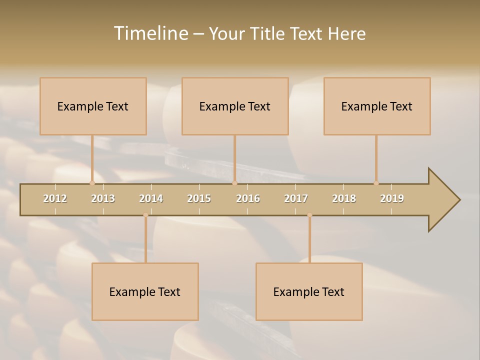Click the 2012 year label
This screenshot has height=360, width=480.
tap(55, 198)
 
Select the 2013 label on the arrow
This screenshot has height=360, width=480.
tap(103, 198)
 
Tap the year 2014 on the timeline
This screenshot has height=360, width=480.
tap(151, 198)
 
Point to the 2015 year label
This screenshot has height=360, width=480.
tap(199, 198)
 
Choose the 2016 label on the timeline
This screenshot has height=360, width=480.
tap(248, 198)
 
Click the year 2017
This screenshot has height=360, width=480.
tap(296, 198)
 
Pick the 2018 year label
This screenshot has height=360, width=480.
tap(344, 198)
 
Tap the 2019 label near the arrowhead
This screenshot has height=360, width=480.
tap(392, 198)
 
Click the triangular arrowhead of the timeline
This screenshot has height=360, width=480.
tap(443, 200)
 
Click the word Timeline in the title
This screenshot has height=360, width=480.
tap(150, 33)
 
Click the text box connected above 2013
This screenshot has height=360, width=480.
tap(93, 106)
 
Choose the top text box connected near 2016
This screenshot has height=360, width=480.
tap(235, 106)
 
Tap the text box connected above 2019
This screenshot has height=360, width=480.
tap(377, 106)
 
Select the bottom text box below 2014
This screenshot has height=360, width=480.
tap(145, 291)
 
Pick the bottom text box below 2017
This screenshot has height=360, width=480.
tap(309, 291)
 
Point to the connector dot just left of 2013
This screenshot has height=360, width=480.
tap(92, 183)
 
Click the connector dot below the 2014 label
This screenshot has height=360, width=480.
tap(145, 215)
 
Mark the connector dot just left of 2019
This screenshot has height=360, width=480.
tap(376, 183)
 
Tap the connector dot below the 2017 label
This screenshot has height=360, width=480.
tap(309, 215)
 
